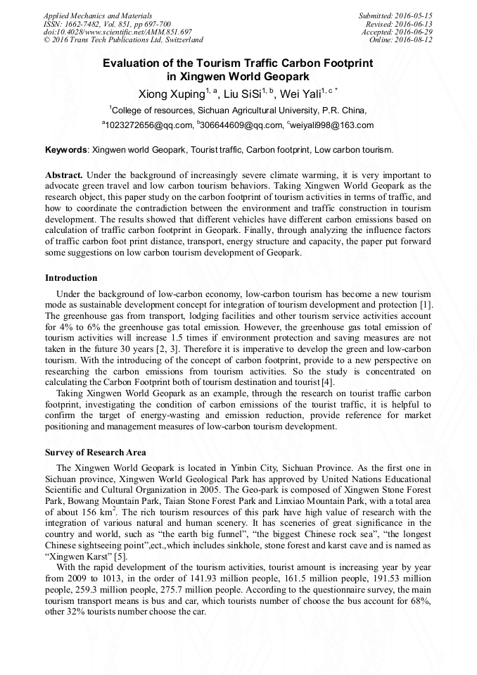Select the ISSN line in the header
coord(107,23)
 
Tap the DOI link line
coord(117,32)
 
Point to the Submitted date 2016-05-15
coord(395,15)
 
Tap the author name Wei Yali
coord(302,94)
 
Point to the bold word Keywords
coord(66,150)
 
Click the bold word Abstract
coord(64,174)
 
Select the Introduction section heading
coord(71,278)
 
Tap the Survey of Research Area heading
coord(96,452)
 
